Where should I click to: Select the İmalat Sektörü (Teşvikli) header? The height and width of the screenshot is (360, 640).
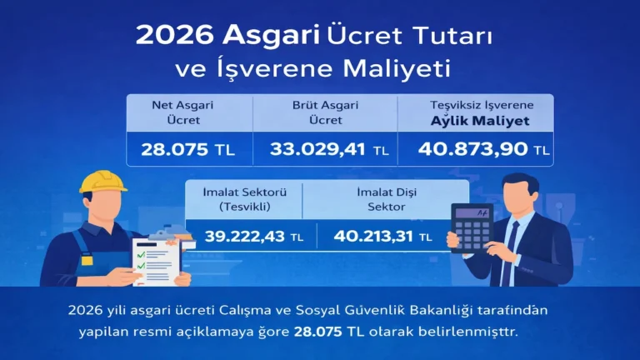tap(242, 198)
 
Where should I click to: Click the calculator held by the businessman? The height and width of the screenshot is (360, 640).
tap(471, 225)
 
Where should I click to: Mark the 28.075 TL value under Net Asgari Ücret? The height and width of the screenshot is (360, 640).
tap(191, 150)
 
